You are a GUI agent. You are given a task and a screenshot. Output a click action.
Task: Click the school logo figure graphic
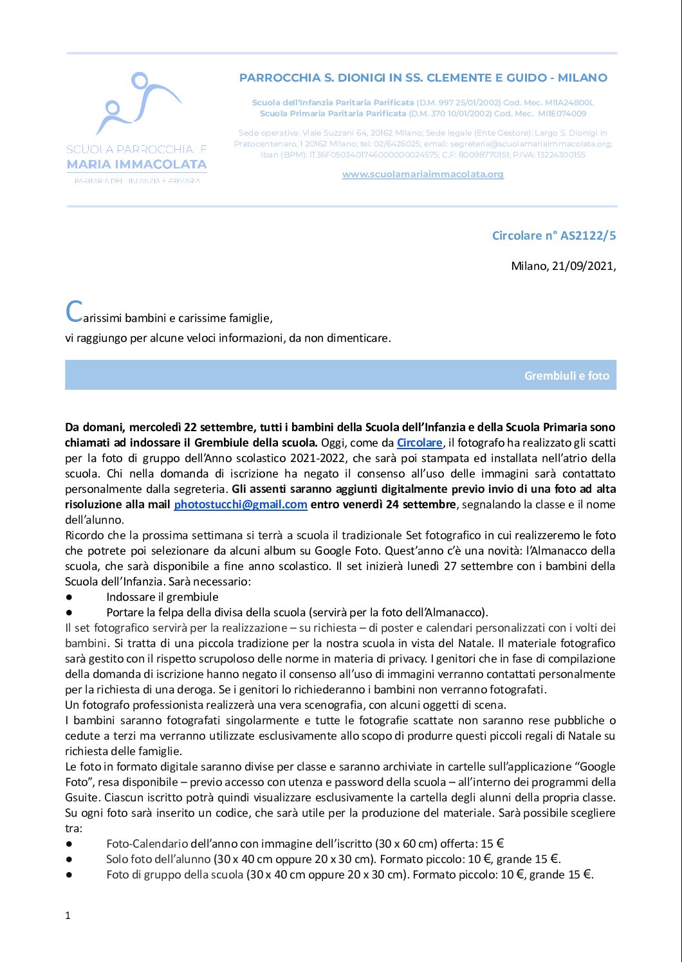[137, 103]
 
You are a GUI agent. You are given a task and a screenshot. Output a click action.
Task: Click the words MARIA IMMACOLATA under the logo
[136, 165]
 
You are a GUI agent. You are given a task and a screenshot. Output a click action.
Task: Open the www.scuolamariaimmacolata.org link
[423, 174]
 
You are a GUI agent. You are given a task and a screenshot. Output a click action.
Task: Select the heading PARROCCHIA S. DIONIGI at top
[423, 78]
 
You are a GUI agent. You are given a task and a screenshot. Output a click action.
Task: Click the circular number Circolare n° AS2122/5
[553, 235]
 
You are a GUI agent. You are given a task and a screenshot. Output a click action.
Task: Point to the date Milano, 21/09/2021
[563, 265]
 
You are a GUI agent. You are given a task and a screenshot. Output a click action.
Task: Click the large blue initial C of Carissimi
[74, 312]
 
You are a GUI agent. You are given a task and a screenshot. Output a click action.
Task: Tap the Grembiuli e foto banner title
[566, 375]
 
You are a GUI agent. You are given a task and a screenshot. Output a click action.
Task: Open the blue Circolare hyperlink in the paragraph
[419, 443]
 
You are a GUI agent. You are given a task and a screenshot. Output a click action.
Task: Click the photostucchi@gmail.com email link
[240, 504]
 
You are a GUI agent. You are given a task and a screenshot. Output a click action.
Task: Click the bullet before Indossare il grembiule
[69, 597]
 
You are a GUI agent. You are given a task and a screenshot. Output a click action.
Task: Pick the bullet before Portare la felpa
[69, 612]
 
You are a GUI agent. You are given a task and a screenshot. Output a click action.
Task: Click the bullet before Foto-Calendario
[69, 844]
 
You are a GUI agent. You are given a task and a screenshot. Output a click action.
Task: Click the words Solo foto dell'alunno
[158, 859]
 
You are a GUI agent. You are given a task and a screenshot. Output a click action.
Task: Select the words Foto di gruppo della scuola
[175, 875]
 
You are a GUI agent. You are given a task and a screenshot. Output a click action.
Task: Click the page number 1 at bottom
[68, 915]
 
